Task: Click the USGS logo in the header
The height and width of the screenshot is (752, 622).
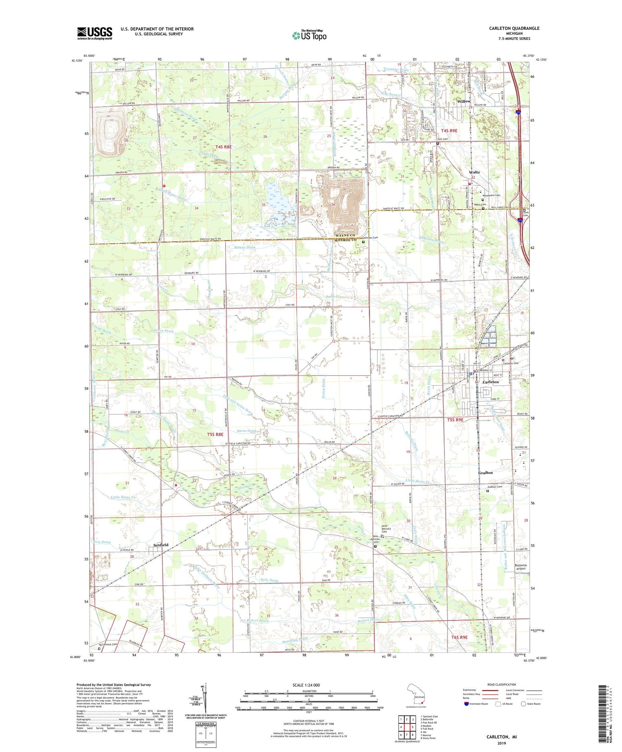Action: pos(95,33)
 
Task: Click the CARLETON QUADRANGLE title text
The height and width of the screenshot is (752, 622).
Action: pos(514,28)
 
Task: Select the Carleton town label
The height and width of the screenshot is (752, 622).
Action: pos(491,382)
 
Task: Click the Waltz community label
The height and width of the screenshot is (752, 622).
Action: pos(474,172)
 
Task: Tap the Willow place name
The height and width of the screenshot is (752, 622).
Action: pos(463,101)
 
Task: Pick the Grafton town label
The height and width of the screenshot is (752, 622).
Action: pos(486,472)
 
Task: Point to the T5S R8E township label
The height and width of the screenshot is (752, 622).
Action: pos(215,434)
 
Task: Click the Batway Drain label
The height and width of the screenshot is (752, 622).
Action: pos(244,247)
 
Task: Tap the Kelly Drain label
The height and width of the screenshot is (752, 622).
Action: pos(270,580)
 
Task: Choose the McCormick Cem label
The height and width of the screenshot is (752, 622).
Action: pos(108,656)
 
